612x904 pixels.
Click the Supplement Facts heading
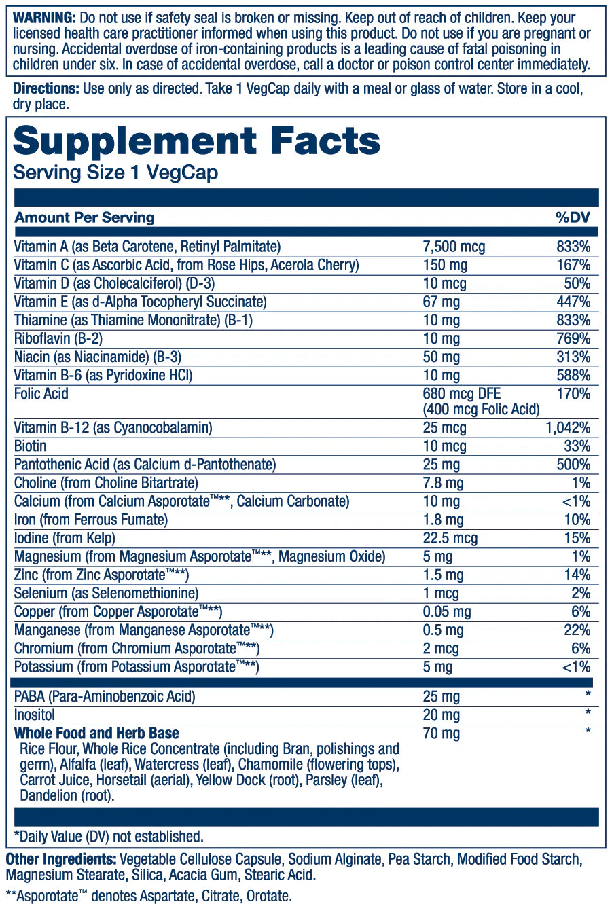[x=197, y=141]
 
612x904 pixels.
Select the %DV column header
[x=573, y=217]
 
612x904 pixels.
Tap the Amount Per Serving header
[x=85, y=217]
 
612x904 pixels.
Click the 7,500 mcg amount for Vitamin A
[x=454, y=247]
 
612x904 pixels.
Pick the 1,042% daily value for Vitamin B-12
[x=568, y=428]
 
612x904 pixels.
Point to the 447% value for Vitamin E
[x=573, y=302]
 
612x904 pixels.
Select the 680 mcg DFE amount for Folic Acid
[x=462, y=394]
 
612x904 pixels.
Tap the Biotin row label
[x=31, y=446]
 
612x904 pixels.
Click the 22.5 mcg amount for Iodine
[x=450, y=539]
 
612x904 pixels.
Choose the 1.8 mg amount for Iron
[x=443, y=520]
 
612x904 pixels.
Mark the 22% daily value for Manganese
[x=577, y=630]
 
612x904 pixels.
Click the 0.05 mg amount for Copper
[x=446, y=612]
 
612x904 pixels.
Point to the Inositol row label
[x=35, y=715]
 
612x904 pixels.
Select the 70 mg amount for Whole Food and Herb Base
[x=441, y=734]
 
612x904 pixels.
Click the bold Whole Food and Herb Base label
[x=96, y=734]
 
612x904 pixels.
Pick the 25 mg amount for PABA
[x=441, y=697]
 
